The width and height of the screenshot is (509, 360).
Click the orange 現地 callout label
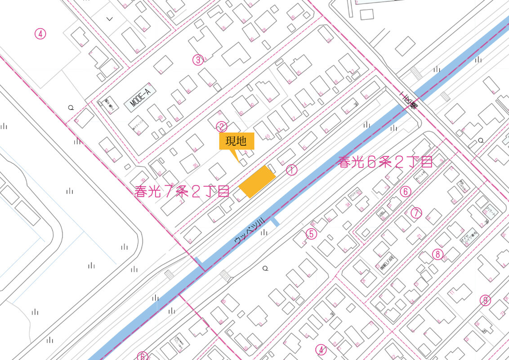(x=237, y=141)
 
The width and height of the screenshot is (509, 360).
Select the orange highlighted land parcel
(x=257, y=181)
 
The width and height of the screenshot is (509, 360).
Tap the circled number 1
(x=291, y=170)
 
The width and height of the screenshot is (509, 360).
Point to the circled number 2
(x=221, y=126)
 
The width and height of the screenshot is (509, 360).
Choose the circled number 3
(x=197, y=60)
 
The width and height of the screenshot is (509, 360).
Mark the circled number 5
(x=311, y=234)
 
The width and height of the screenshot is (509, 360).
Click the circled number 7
(x=416, y=212)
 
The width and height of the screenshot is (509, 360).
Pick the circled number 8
(x=438, y=254)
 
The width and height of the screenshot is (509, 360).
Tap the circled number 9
(x=485, y=300)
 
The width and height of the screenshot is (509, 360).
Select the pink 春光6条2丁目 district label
(x=385, y=162)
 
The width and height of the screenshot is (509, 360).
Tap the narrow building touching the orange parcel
(x=272, y=169)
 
